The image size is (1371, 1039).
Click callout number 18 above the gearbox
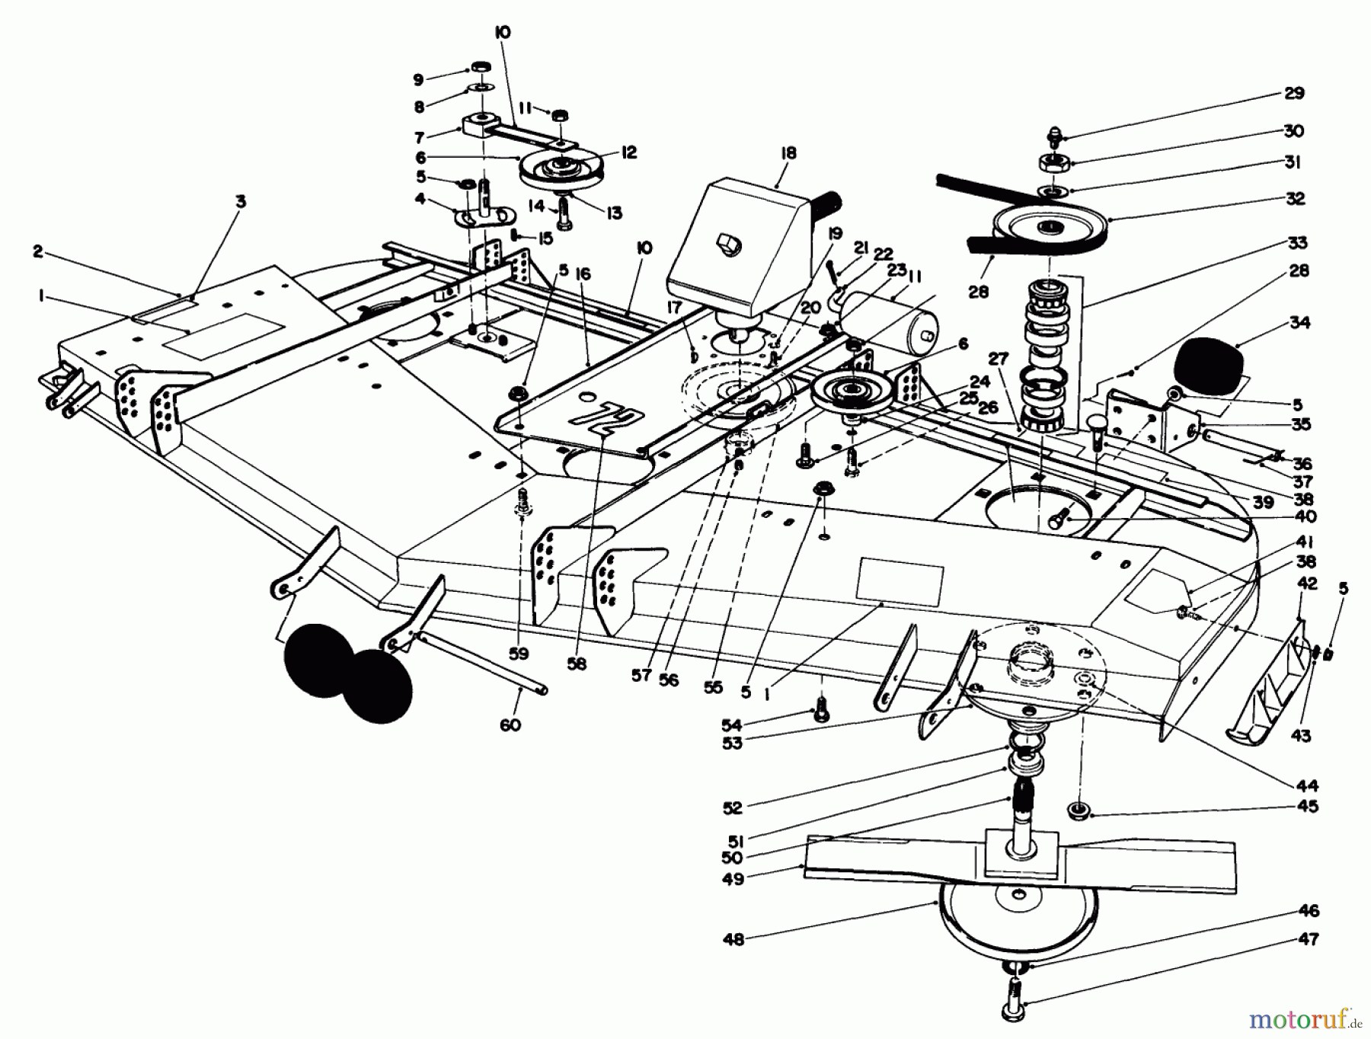(788, 153)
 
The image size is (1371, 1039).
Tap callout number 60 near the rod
(510, 724)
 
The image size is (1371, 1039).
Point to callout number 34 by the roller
(1299, 322)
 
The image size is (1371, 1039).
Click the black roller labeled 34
(1211, 368)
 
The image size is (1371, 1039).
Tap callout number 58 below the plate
(577, 663)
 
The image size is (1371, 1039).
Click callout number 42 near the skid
(1307, 583)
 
